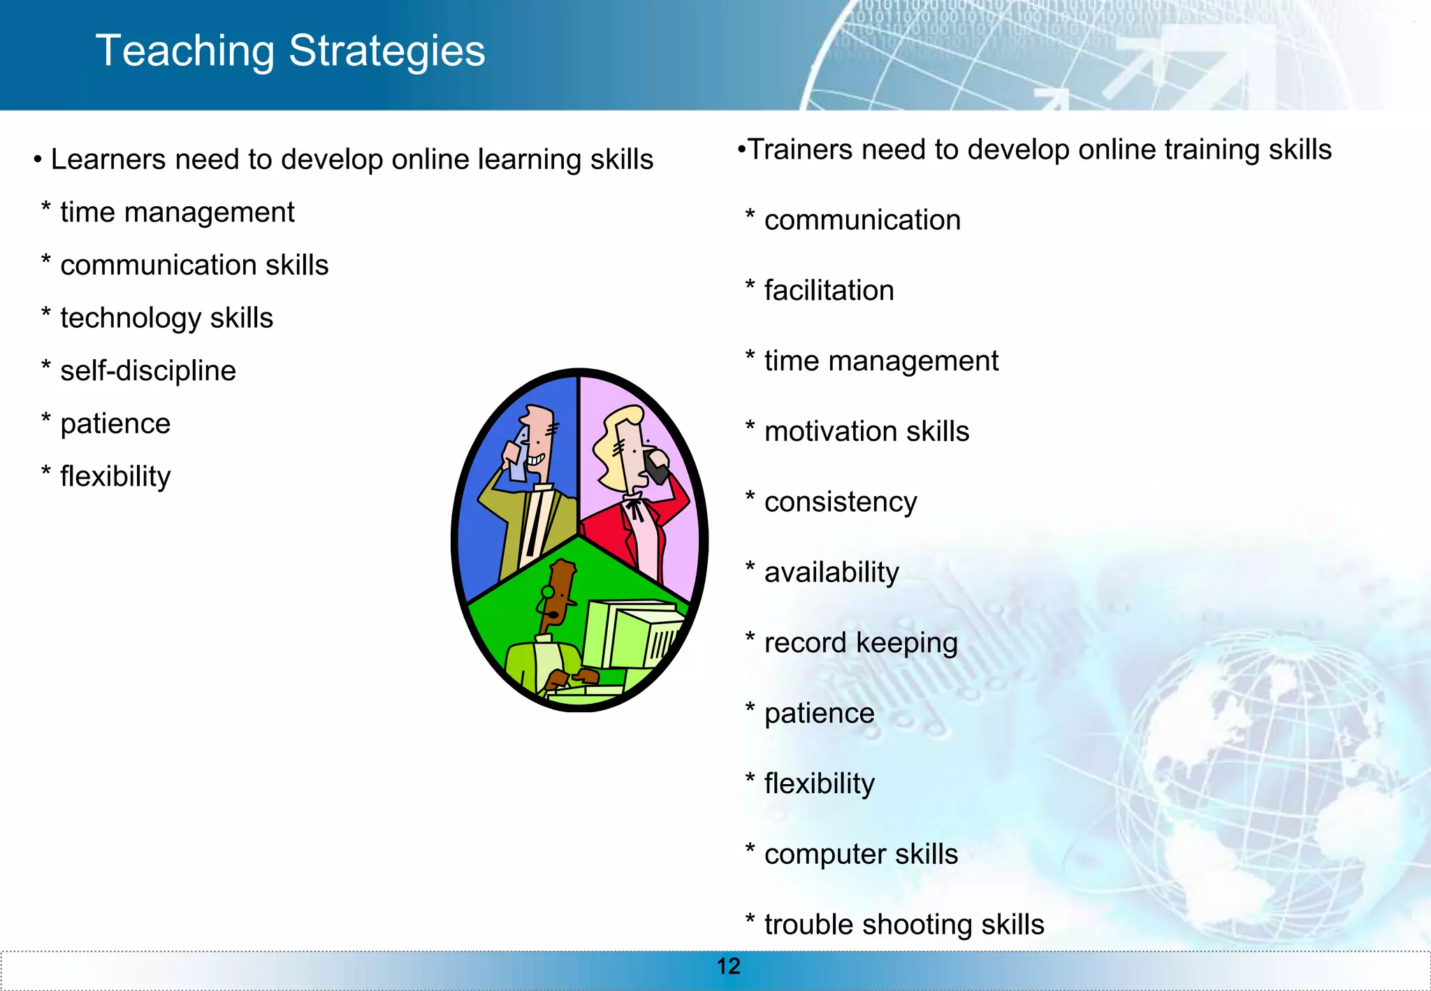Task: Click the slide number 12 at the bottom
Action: click(x=728, y=967)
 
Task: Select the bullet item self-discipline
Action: click(x=147, y=371)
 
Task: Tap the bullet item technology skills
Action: click(x=166, y=319)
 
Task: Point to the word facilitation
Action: click(x=829, y=291)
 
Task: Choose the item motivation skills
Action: click(x=866, y=432)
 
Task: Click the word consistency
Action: click(x=840, y=502)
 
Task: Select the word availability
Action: click(x=831, y=573)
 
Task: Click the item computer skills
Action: click(x=860, y=855)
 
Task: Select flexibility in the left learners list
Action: click(x=115, y=477)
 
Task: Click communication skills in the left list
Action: click(x=194, y=266)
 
